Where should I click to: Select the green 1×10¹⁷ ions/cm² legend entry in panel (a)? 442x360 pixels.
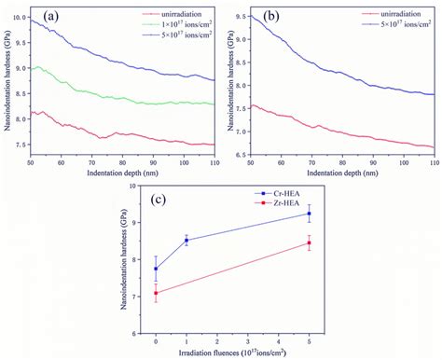177,22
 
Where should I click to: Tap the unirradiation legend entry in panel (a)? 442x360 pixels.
177,13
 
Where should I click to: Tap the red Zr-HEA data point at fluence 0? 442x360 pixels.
156,293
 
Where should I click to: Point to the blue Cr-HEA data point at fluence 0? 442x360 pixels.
156,269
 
